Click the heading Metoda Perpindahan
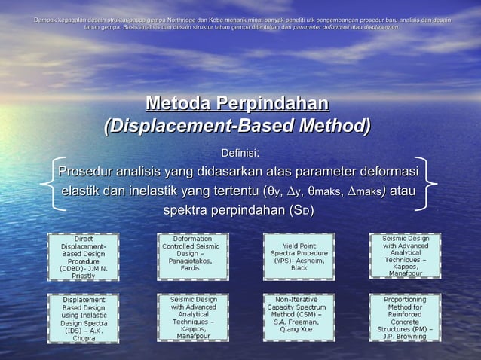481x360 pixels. [237, 103]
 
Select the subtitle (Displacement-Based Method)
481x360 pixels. [237, 125]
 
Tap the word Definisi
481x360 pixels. [239, 154]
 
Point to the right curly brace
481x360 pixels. [431, 185]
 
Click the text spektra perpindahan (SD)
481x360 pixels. [239, 209]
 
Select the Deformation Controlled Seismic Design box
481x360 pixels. [192, 253]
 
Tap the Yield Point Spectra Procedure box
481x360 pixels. [299, 257]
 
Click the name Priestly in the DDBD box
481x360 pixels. [84, 276]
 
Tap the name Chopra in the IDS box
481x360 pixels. [84, 338]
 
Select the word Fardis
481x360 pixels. [191, 267]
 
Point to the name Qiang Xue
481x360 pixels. [299, 329]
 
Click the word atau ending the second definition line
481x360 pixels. [401, 189]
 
